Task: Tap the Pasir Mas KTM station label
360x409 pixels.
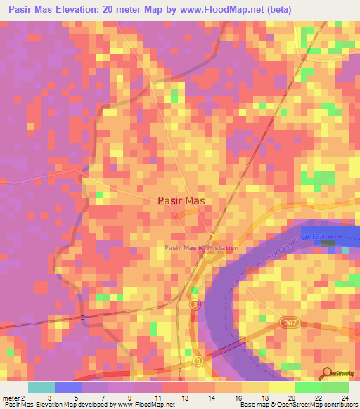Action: pos(200,248)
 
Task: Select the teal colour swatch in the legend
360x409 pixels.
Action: pos(41,387)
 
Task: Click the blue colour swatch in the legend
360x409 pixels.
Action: pos(68,387)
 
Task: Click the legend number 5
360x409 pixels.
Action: pos(75,397)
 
